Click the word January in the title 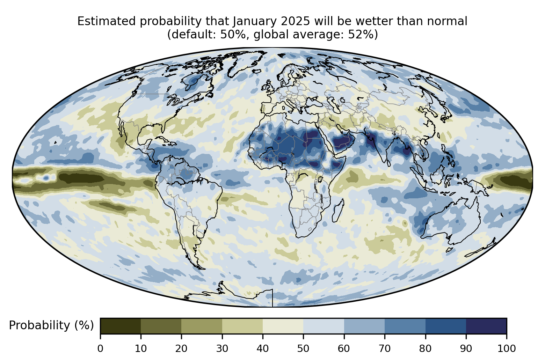click(254, 21)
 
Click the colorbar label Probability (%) click(51, 325)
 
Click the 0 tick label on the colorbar click(100, 348)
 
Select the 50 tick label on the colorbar click(303, 348)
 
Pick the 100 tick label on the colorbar click(507, 348)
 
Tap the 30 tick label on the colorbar click(222, 348)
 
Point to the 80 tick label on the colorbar click(425, 348)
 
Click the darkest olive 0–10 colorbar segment click(121, 326)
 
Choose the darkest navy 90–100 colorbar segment click(486, 326)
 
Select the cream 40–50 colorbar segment click(283, 326)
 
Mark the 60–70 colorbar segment click(364, 326)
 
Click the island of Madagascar click(338, 211)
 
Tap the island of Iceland click(257, 71)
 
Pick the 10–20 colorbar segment click(161, 326)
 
